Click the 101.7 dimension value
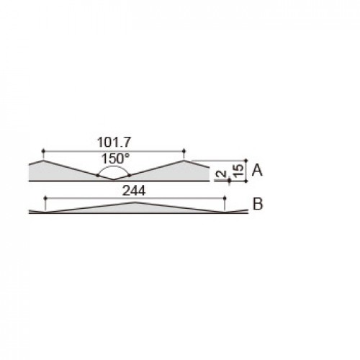tap(114, 143)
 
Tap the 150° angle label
tap(115, 158)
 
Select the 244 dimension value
tap(134, 191)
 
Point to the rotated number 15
tap(238, 171)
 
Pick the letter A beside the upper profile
tap(257, 171)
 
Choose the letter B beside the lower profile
tap(258, 204)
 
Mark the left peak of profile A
tap(43, 161)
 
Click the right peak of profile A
tap(184, 161)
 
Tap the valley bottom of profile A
tap(114, 179)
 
